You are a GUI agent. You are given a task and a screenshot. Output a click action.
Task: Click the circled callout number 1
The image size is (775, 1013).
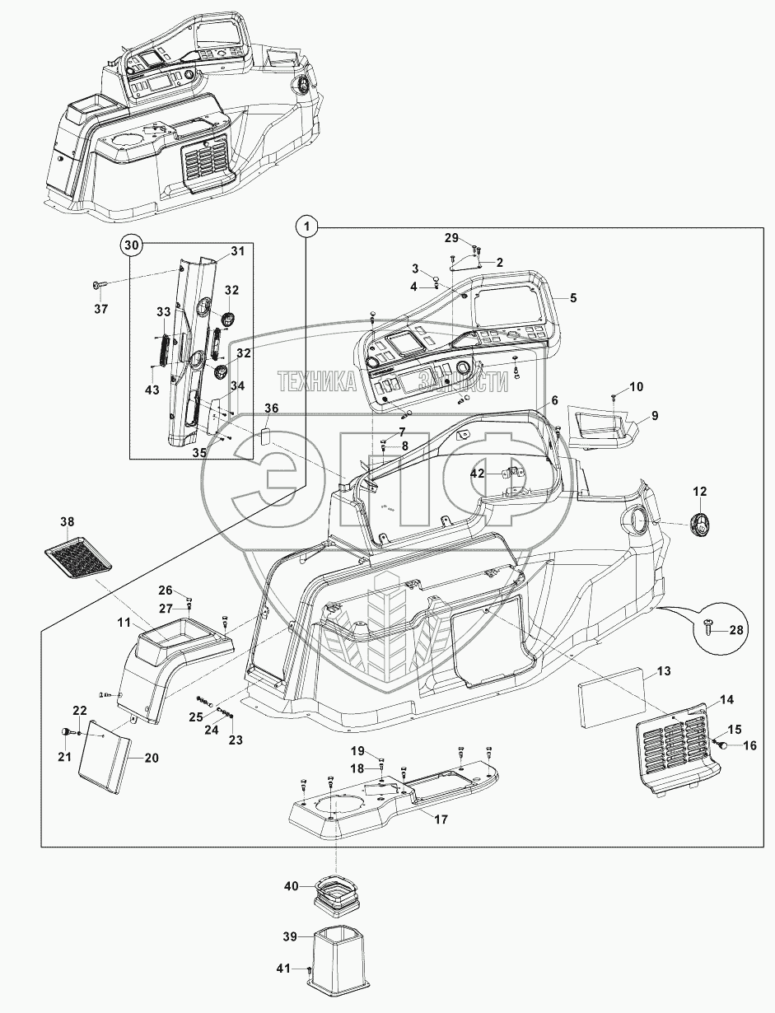[306, 226]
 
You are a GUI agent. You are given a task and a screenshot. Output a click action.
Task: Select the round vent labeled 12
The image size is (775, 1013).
[698, 525]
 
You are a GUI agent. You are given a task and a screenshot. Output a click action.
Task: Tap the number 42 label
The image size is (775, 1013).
[479, 474]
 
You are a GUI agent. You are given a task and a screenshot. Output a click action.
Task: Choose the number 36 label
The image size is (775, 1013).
[271, 408]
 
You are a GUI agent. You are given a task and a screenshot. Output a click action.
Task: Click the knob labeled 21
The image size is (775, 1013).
[67, 733]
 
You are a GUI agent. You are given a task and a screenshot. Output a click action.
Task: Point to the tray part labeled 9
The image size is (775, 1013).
[602, 427]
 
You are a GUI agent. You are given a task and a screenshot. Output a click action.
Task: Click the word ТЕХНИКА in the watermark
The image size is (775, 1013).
[316, 382]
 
